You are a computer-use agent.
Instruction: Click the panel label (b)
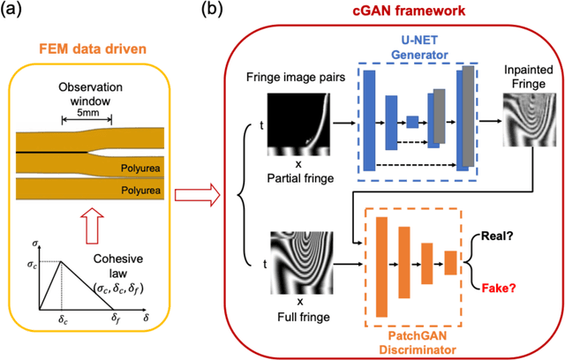pyautogui.click(x=217, y=11)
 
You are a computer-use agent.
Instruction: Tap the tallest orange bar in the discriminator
pyautogui.click(x=382, y=265)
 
